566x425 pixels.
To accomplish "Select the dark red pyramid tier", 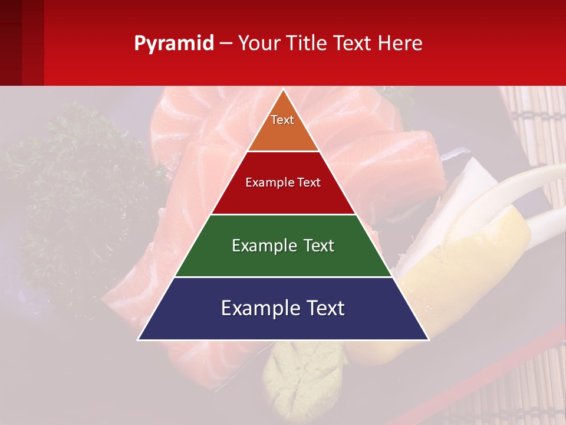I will [284, 198].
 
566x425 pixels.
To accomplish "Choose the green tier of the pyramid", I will [284, 260].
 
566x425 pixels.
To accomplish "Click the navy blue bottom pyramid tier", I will [284, 325].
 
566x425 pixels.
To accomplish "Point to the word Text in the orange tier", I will [282, 120].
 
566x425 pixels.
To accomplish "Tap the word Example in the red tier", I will [264, 182].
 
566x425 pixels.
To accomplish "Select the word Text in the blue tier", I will [321, 308].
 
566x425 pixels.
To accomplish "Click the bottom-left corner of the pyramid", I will [139, 339].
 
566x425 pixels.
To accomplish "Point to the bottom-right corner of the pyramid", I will [429, 339].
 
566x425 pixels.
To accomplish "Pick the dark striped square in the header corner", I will [21, 42].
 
